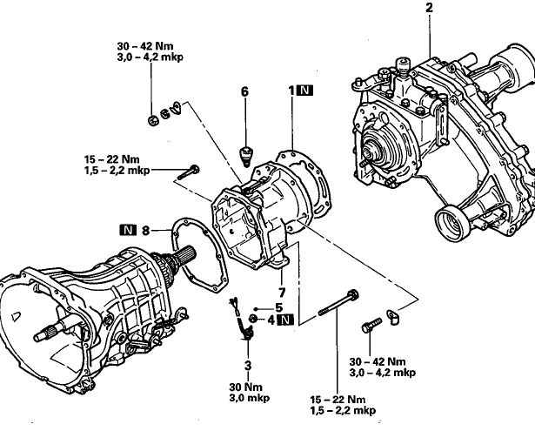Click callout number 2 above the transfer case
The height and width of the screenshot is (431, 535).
[429, 8]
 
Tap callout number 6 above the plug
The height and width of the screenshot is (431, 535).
[244, 91]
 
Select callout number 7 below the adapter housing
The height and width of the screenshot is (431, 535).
[282, 293]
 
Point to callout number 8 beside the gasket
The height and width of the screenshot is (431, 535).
[145, 231]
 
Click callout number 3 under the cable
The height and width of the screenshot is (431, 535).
[248, 365]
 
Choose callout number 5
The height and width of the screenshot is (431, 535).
[278, 307]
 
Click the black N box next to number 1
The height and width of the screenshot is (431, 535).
[304, 91]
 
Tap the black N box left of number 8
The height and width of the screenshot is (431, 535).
[128, 230]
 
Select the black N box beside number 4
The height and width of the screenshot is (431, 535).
[286, 320]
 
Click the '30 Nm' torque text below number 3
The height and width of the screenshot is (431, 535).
[246, 387]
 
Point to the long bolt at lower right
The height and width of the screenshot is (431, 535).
[338, 302]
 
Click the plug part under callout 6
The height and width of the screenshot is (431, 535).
[245, 156]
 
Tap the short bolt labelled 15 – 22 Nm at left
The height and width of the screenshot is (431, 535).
[189, 172]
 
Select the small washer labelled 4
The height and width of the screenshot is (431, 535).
[253, 319]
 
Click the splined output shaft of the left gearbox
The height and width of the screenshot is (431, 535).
[184, 258]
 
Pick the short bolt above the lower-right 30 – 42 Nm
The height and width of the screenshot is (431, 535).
[371, 325]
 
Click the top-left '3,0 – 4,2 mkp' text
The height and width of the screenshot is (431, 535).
[150, 57]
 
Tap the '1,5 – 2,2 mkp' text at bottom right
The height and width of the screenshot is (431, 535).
[343, 410]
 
